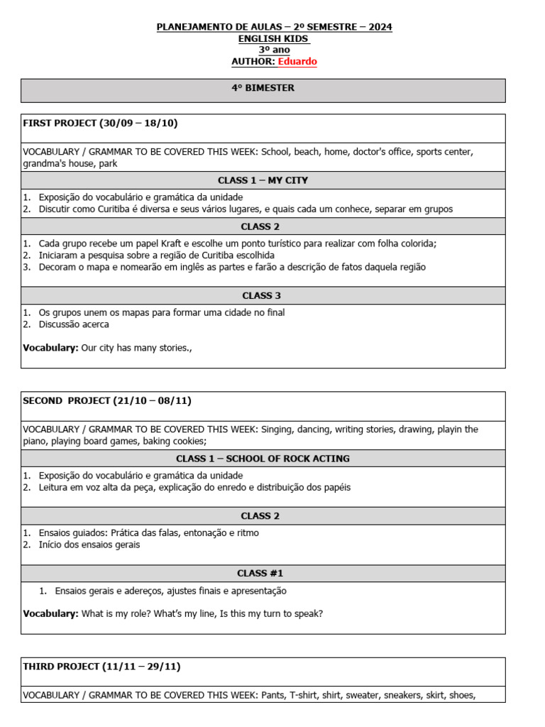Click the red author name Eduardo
(x=297, y=62)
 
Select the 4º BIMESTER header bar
(x=263, y=88)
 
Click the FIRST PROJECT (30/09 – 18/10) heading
(x=100, y=124)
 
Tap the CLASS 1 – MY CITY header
(x=263, y=180)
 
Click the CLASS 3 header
(x=263, y=295)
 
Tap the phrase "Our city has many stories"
(x=136, y=348)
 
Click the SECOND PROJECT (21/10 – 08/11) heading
(x=107, y=401)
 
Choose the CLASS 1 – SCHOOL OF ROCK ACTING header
(x=263, y=459)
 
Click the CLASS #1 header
(x=263, y=573)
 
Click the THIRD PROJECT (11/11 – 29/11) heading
(x=102, y=667)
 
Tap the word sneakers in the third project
(x=403, y=695)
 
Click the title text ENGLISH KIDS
(x=273, y=39)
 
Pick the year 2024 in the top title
(x=380, y=27)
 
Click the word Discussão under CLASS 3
(x=65, y=324)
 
